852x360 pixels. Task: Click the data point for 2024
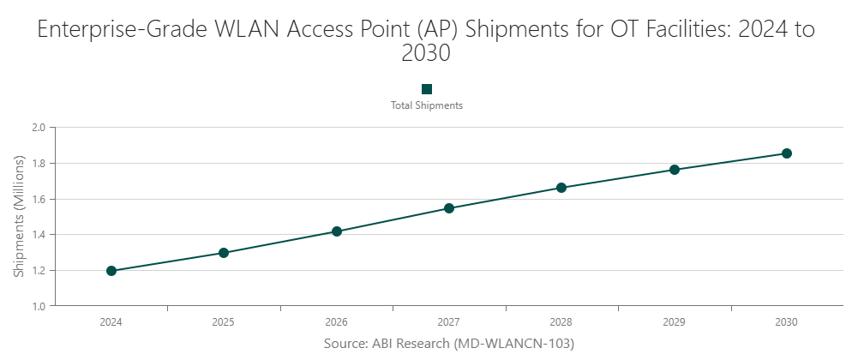coord(111,271)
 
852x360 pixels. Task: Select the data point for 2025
coord(224,253)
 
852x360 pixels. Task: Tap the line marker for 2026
coord(337,231)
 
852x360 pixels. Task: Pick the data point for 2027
coord(449,208)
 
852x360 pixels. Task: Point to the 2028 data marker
coord(561,188)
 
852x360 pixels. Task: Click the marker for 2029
coord(675,170)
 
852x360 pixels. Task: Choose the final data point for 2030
coord(787,153)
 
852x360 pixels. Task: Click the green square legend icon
coord(427,89)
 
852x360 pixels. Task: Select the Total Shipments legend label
coord(427,105)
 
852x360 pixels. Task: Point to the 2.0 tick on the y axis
coord(38,128)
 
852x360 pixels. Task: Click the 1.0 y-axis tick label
coord(38,306)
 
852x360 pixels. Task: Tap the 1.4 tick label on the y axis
coord(38,235)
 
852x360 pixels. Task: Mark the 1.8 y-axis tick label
coord(38,164)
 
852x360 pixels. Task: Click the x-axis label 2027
coord(449,323)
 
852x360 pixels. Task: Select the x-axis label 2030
coord(787,323)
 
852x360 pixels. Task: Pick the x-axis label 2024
coord(111,323)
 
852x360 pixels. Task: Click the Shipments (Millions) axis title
coord(19,217)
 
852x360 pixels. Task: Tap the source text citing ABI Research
coord(448,344)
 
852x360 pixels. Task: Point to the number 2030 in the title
coord(426,53)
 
